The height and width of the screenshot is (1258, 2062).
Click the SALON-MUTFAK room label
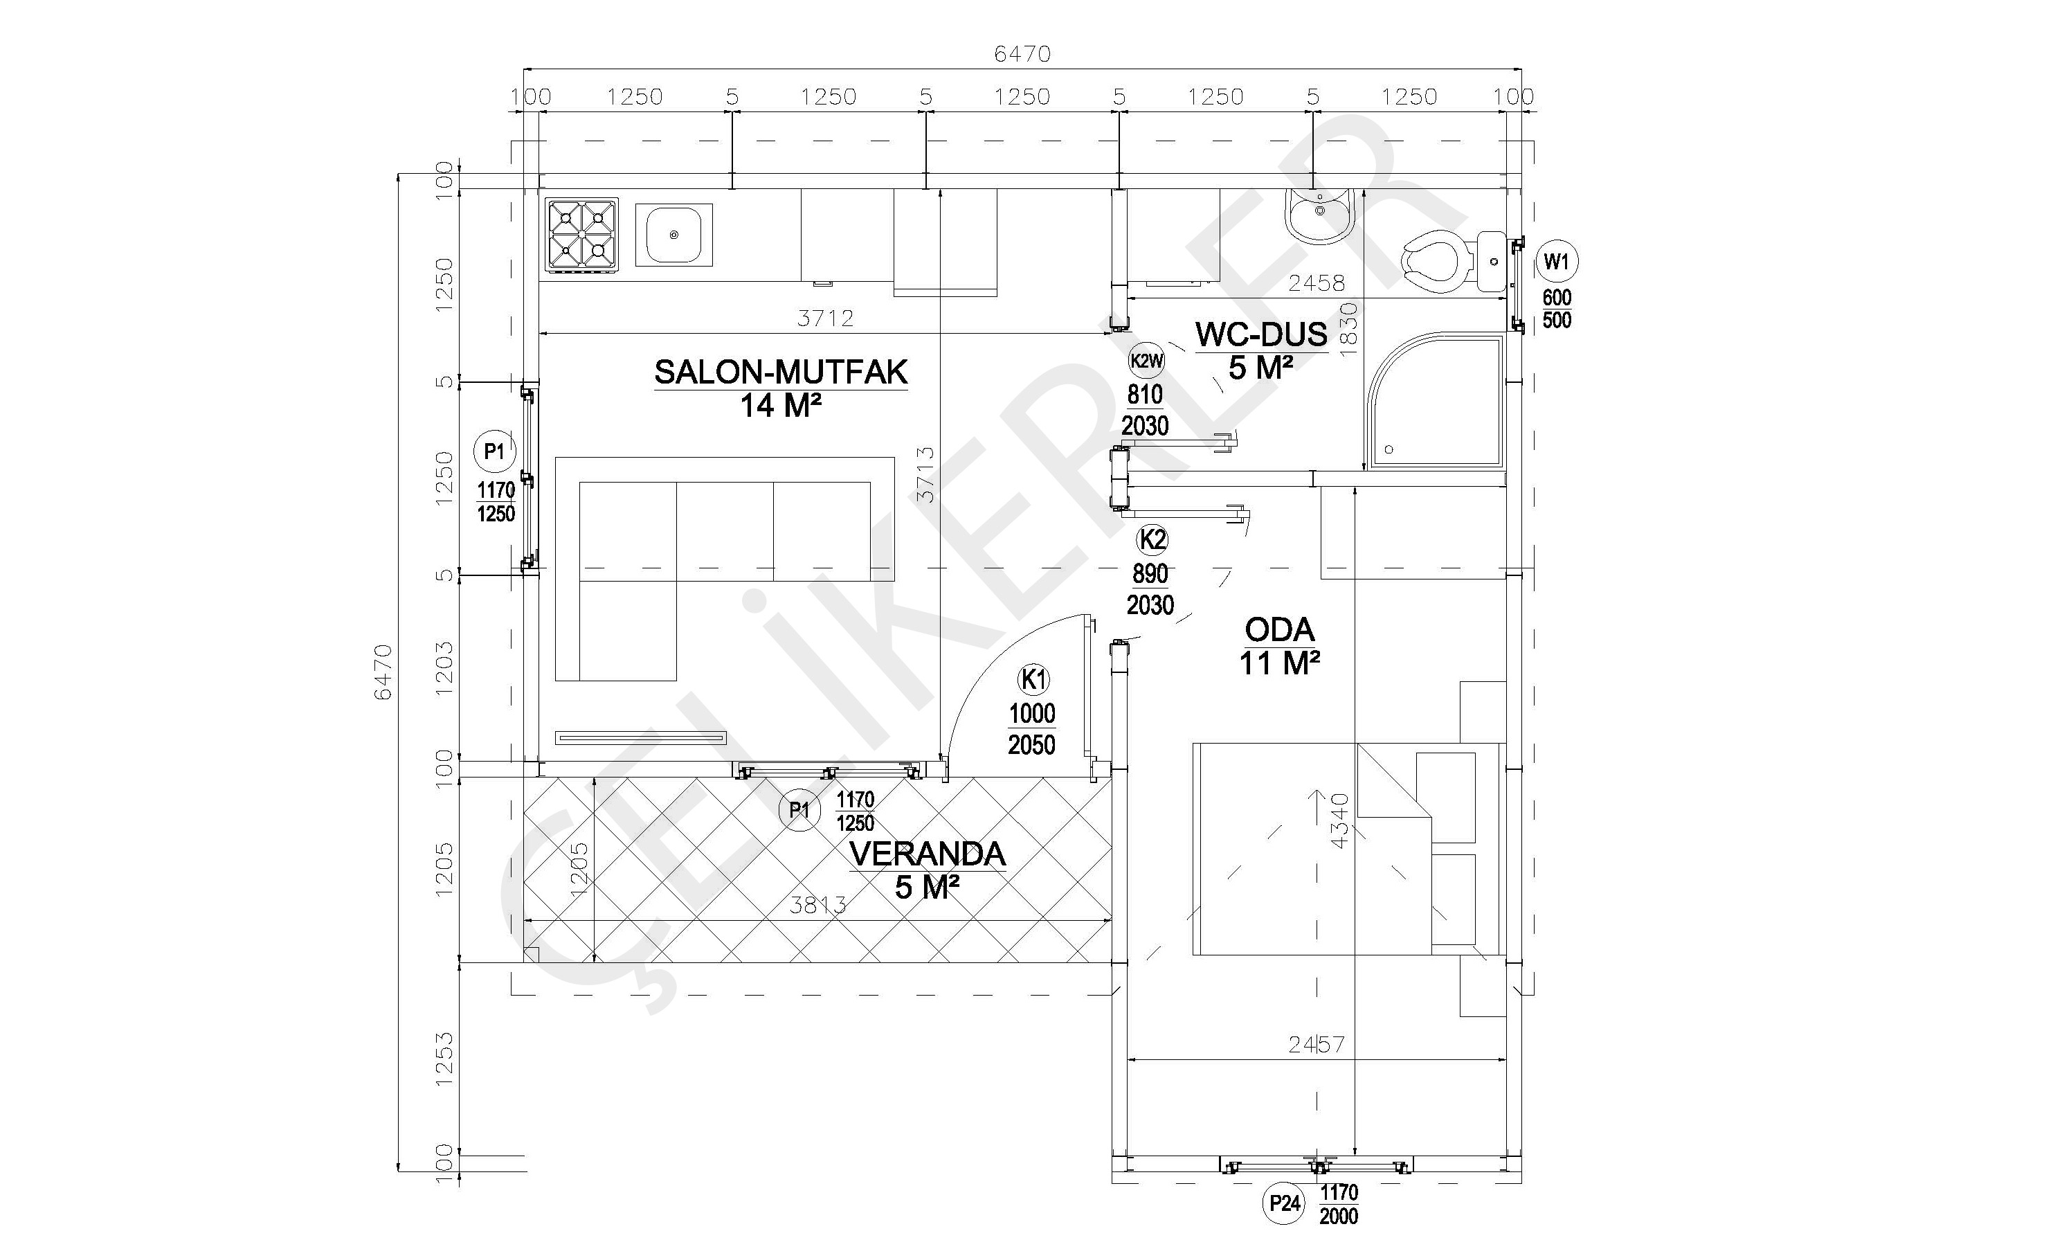click(781, 372)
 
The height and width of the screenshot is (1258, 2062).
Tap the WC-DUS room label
click(1261, 334)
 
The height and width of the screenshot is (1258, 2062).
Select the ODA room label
click(1280, 629)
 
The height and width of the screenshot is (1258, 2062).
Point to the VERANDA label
click(928, 854)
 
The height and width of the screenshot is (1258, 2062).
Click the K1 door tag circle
click(1034, 680)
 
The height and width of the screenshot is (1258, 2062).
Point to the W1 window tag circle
click(1557, 262)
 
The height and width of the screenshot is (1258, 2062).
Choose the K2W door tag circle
click(1146, 361)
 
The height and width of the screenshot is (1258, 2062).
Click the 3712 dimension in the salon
click(825, 318)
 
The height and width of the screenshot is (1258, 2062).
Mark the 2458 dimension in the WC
click(1317, 283)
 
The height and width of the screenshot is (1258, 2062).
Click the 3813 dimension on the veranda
click(818, 905)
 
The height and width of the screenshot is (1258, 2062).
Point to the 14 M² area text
click(780, 406)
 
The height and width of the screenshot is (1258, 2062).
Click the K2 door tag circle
click(1152, 540)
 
